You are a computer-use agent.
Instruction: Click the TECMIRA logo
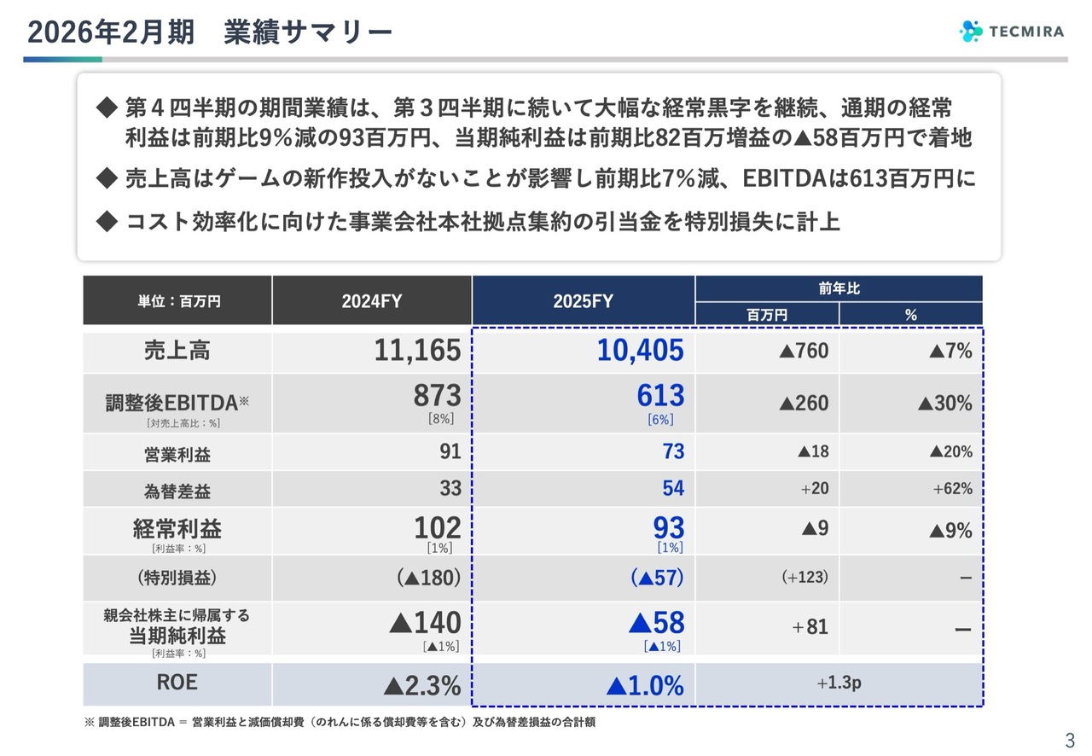point(1012,32)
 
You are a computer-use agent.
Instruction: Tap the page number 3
point(1069,739)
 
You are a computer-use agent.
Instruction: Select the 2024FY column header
point(371,300)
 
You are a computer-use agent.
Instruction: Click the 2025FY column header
point(583,300)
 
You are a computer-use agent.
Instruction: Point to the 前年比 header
point(839,288)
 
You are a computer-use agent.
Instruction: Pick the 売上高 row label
point(177,351)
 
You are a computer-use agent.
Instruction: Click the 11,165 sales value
point(417,351)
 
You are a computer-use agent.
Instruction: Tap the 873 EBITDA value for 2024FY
point(437,396)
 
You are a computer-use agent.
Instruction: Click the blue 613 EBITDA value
point(660,396)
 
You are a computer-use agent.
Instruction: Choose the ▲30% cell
point(944,403)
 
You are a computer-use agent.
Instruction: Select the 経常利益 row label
point(177,528)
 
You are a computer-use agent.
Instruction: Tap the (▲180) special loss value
point(428,578)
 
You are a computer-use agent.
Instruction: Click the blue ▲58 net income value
point(656,623)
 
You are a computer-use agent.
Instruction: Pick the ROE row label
point(177,683)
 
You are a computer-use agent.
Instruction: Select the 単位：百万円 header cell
point(177,300)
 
